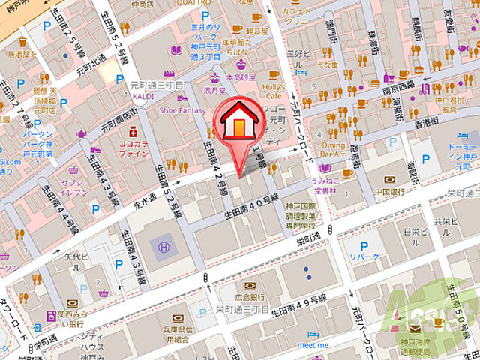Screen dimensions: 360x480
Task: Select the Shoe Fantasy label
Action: coord(181,110)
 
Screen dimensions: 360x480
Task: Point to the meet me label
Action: coord(313,345)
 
